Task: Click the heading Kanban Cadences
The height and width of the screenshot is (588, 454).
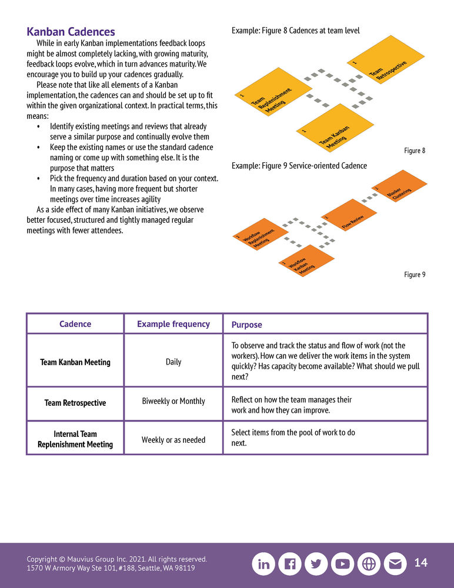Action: tap(71, 32)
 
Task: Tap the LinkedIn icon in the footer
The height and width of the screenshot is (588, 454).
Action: tap(264, 564)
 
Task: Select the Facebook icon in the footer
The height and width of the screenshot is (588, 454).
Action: tap(290, 564)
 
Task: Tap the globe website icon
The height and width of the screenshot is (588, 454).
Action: tap(369, 564)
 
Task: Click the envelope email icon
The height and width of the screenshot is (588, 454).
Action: tap(395, 564)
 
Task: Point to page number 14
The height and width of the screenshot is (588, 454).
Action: tap(421, 563)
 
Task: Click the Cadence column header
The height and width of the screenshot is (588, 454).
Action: tap(75, 324)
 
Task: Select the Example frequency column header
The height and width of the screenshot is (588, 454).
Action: tap(173, 324)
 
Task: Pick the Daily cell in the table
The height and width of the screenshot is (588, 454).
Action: tap(173, 362)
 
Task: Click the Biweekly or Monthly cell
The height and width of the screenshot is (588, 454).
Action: tap(173, 401)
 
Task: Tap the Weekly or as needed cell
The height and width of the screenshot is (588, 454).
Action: tap(173, 439)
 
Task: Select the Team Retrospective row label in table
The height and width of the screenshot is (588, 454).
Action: tap(75, 403)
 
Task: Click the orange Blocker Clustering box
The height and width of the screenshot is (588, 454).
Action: tap(400, 188)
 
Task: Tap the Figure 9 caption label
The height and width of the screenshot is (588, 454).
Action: tap(415, 275)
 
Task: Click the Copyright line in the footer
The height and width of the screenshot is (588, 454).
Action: tap(116, 559)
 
